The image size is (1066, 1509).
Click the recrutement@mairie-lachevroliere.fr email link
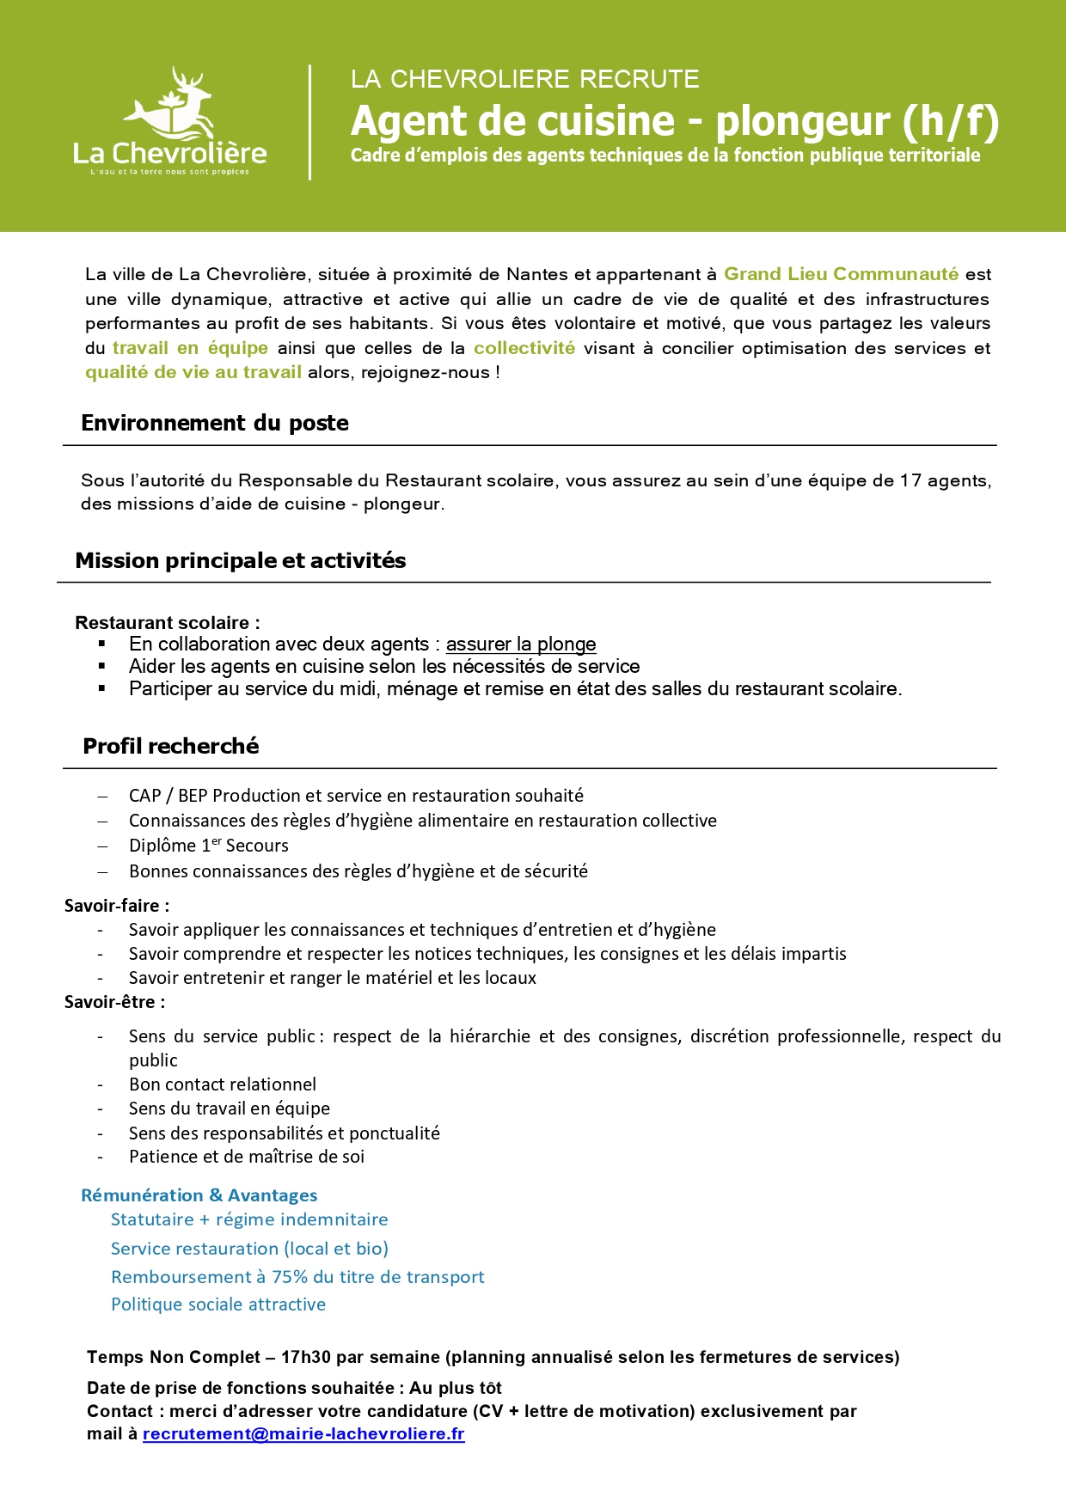coord(303,1433)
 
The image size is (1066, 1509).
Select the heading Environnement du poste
coord(215,423)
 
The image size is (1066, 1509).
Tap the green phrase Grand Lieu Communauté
coord(841,274)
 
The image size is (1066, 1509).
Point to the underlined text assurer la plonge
coord(520,644)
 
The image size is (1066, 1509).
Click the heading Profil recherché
coord(171,746)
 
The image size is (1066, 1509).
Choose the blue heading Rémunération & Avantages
coord(199,1194)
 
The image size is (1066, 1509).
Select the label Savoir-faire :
coord(117,905)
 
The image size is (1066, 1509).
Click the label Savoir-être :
coord(114,1001)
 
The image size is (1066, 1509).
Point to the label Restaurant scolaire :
coord(168,622)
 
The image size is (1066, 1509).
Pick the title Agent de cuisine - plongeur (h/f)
coord(675,121)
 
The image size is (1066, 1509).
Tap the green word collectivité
coord(524,348)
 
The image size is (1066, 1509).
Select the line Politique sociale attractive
coord(218,1304)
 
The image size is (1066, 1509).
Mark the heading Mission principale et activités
coord(241,560)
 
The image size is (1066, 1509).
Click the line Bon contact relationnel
coord(223,1084)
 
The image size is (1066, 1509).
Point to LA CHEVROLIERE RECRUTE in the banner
coord(524,79)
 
